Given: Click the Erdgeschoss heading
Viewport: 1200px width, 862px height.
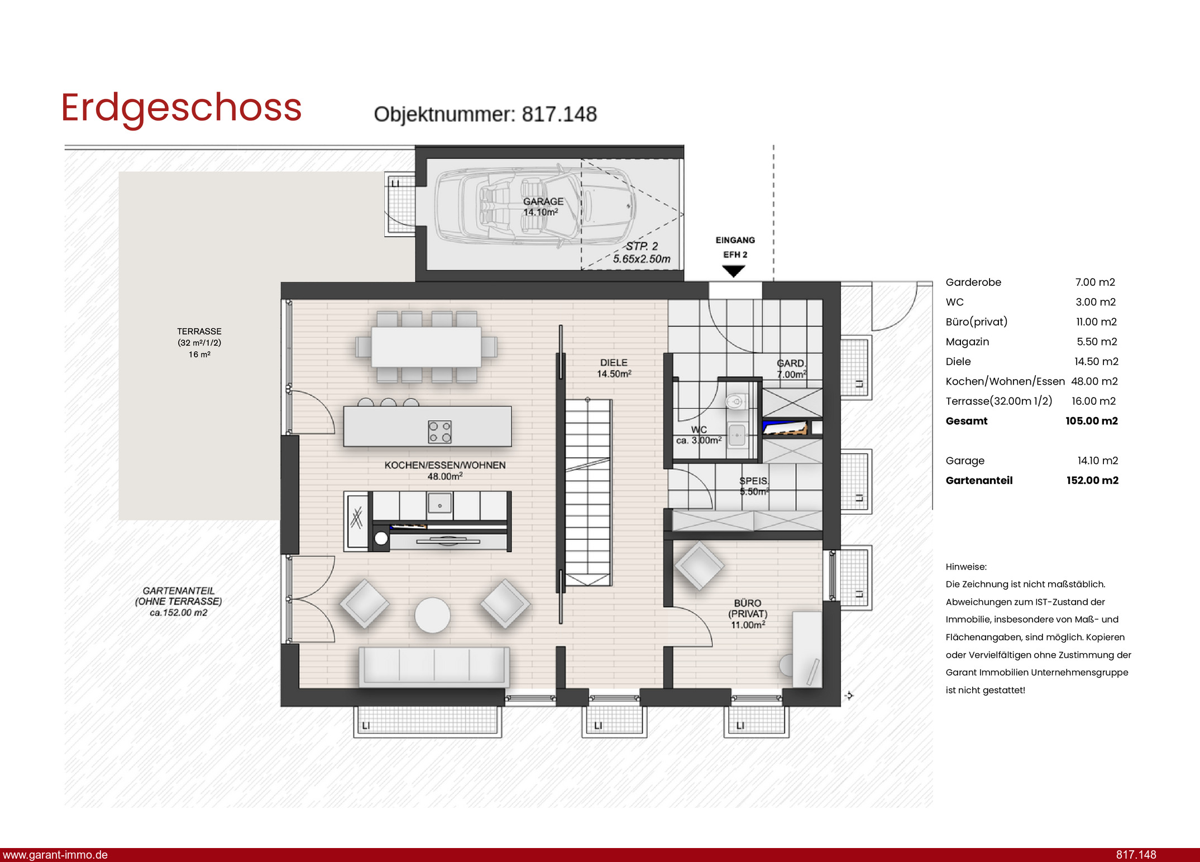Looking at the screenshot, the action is point(181,108).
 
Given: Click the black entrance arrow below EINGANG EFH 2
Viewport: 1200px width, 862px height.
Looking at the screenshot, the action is point(733,271).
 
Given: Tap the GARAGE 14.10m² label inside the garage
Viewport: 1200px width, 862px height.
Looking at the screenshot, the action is point(543,207).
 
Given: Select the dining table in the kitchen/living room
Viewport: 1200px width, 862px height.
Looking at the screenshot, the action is point(426,347).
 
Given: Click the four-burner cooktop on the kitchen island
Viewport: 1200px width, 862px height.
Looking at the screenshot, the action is point(439,432).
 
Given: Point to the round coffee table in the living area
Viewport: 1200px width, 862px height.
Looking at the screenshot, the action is point(432,615).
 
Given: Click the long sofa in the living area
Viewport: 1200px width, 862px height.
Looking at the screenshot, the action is point(434,667).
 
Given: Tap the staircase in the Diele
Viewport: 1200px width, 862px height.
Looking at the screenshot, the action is point(589,492).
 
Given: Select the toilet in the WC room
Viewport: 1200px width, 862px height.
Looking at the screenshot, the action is point(736,401).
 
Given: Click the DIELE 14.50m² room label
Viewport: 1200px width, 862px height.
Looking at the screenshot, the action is point(614,368).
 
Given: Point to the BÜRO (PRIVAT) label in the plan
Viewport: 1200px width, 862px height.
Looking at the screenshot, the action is point(748,614).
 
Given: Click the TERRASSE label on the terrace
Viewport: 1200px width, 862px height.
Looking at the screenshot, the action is point(199,332).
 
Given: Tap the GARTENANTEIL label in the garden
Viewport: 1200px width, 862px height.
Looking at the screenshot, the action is point(179,591).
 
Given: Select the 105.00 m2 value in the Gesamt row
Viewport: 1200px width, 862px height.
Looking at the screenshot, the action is point(1092,421).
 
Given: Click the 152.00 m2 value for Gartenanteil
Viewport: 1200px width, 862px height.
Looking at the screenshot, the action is point(1092,480).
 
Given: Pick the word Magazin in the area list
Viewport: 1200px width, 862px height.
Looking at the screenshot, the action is point(967,342).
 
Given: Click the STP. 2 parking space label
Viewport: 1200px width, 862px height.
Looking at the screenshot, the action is point(642,246).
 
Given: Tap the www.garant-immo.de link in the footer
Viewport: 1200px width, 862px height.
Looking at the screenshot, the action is point(55,855).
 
